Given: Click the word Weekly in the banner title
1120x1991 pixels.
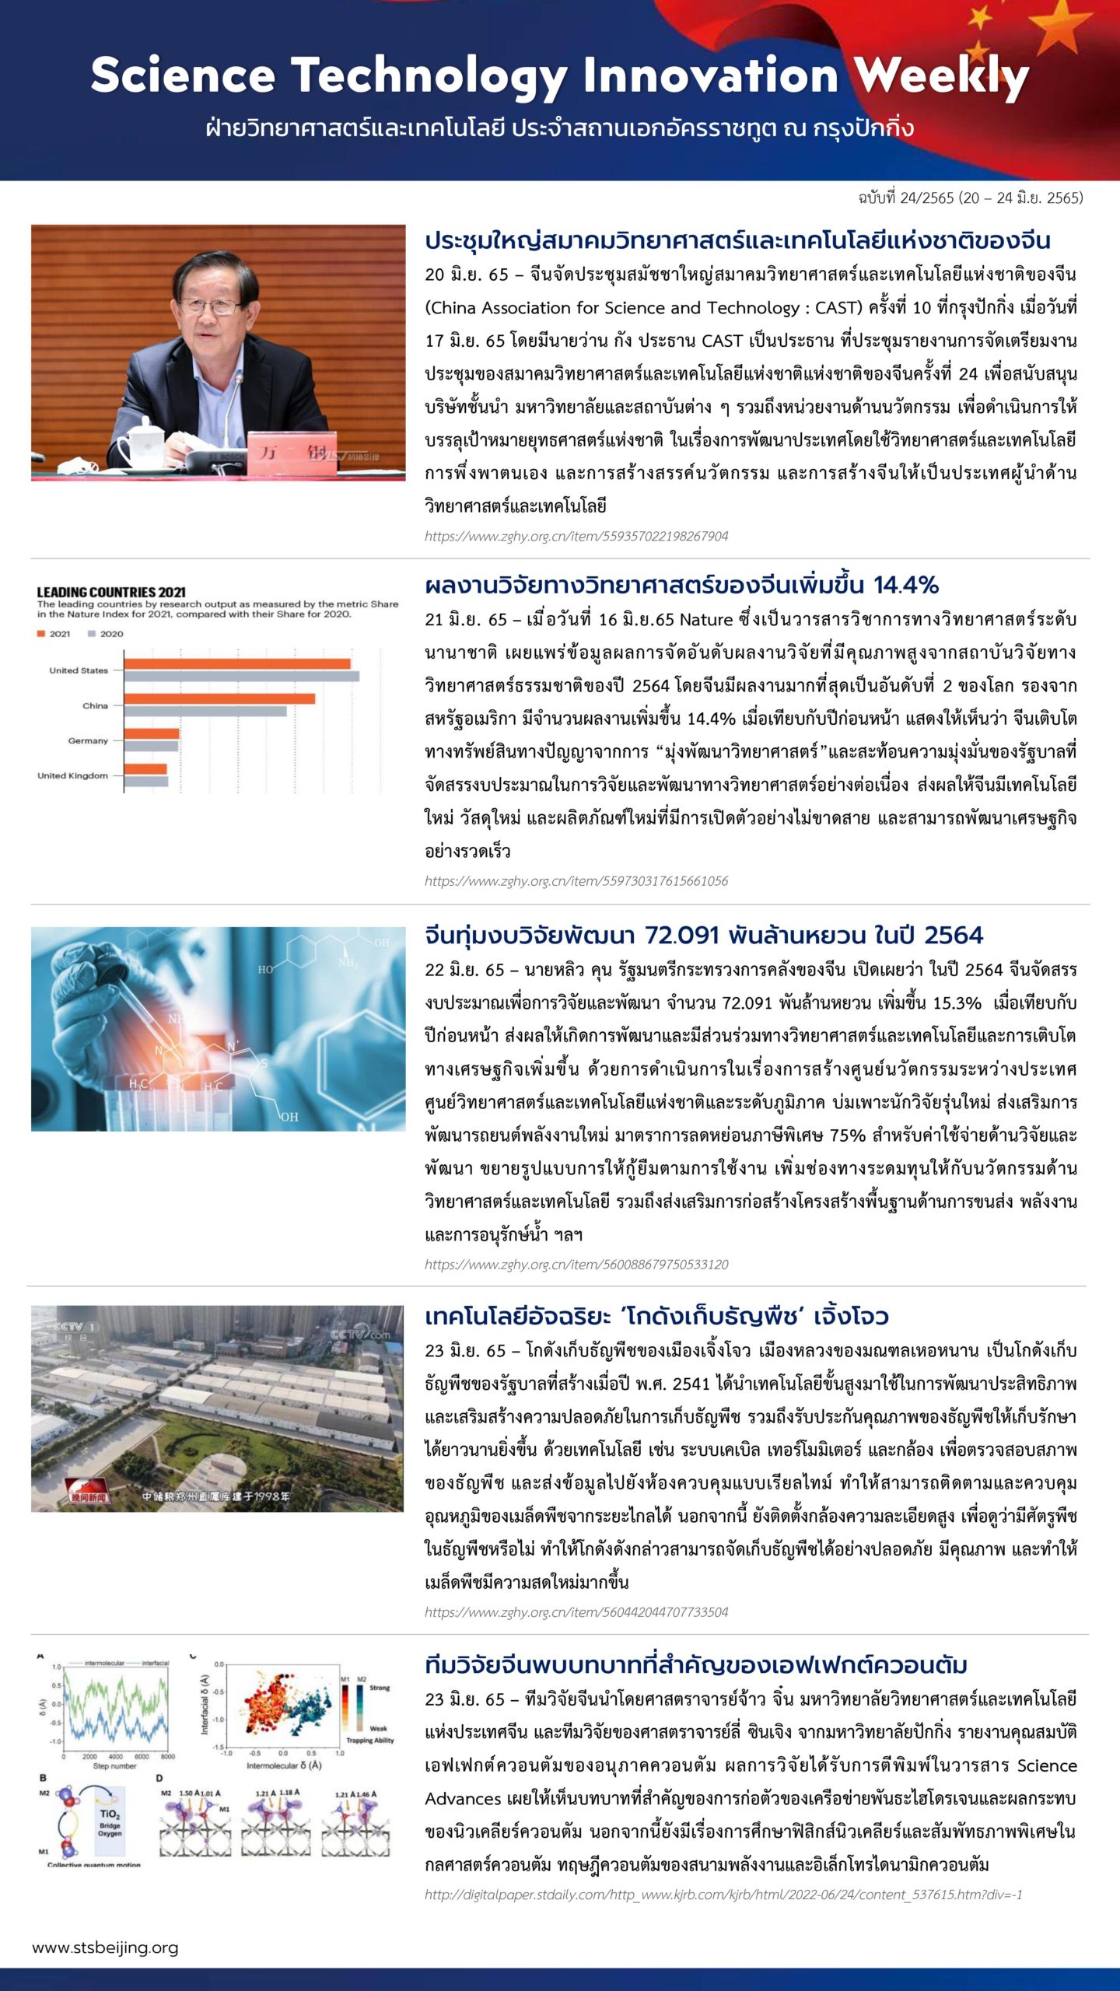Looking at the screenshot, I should (x=941, y=78).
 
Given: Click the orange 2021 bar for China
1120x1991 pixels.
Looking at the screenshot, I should (x=219, y=698).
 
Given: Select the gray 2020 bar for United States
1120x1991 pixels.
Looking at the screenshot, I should (x=241, y=676).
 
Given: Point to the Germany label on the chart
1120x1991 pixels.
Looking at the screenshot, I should (x=88, y=740).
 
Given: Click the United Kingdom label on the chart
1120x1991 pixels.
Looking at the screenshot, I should (x=72, y=775).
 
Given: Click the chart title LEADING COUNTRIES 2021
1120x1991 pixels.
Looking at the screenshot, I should (x=111, y=592).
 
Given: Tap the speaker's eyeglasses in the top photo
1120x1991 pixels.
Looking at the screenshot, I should (x=211, y=306).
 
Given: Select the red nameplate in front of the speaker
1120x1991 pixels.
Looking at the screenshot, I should (x=292, y=453).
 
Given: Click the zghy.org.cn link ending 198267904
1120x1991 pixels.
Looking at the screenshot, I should (x=576, y=536).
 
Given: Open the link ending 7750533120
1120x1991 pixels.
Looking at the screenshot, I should (x=576, y=1265).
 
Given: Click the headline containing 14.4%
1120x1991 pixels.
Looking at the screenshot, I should (x=681, y=585).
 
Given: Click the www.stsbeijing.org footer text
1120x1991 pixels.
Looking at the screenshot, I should (x=105, y=1948).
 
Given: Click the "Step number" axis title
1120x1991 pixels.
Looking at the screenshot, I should (x=114, y=1766).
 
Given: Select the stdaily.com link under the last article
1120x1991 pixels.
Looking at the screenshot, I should (x=723, y=1895).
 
